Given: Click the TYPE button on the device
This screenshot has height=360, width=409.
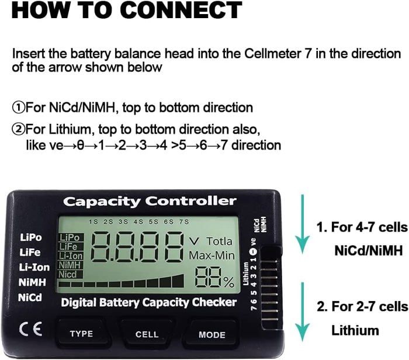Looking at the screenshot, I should click(x=81, y=334).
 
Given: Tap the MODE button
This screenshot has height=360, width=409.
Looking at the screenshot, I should click(x=212, y=334).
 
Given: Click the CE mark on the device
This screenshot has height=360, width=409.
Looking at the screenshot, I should click(x=30, y=328).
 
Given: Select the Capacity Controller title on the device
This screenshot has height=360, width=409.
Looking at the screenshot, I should click(x=150, y=202).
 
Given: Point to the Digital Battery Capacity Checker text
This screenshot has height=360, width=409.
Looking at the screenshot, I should click(x=149, y=302).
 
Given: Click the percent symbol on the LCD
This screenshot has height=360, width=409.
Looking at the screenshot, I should click(x=228, y=282).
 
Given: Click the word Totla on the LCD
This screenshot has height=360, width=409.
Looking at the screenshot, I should click(x=219, y=241).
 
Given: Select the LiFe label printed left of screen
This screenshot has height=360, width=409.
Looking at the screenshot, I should click(x=30, y=252).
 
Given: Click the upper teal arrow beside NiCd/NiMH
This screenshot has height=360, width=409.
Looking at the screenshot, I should click(x=303, y=222).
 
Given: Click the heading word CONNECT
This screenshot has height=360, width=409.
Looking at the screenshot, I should click(x=175, y=10).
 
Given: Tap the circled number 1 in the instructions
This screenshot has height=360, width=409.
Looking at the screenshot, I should click(x=18, y=108).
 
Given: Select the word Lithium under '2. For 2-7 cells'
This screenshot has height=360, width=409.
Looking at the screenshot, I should click(x=355, y=330).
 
